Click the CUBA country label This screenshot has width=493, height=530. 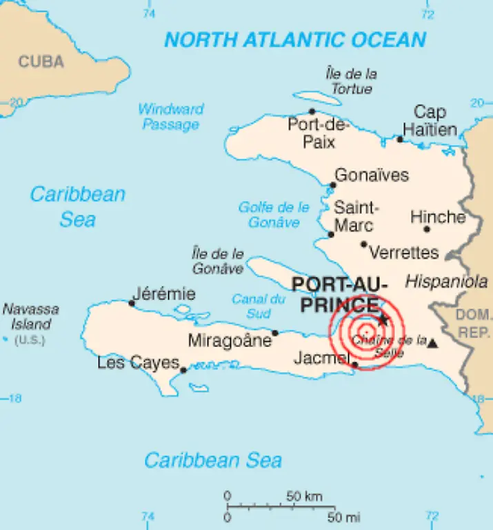click(41, 62)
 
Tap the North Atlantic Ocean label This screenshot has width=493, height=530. click(294, 39)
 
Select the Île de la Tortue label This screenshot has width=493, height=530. click(351, 81)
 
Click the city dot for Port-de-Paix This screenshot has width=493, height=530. click(312, 111)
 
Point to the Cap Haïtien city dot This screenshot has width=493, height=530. click(400, 139)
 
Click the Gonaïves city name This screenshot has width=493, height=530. click(371, 175)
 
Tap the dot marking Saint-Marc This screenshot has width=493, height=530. click(331, 234)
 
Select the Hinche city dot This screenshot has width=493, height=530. click(427, 229)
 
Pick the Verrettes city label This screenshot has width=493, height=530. click(404, 253)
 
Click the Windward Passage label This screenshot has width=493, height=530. click(170, 117)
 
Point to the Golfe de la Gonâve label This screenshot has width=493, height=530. click(274, 215)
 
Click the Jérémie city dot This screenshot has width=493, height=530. click(132, 302)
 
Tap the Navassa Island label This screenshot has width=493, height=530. click(30, 317)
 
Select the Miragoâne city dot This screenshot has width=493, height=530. click(275, 333)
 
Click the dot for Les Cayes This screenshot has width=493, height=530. click(183, 370)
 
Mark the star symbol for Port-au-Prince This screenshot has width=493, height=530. click(383, 320)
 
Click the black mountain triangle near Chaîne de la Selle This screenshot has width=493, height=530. click(432, 343)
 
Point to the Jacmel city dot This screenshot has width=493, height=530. click(354, 364)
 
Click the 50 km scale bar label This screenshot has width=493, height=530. click(305, 496)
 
